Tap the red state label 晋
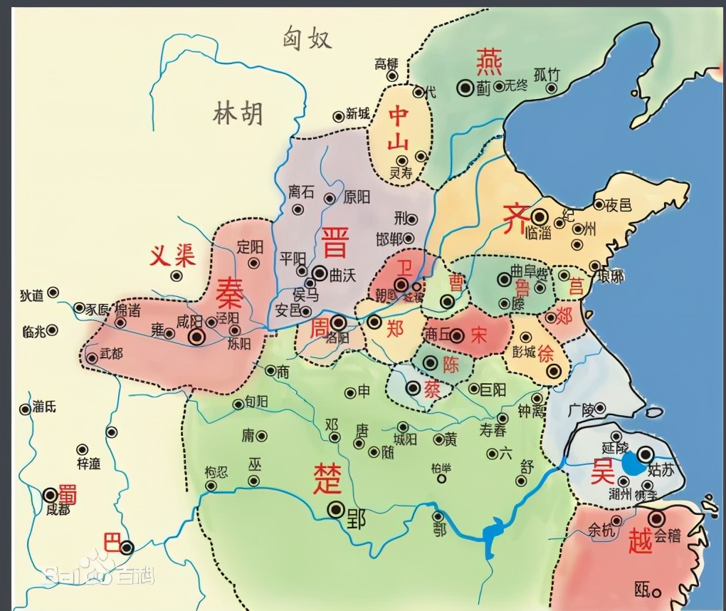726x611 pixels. pos(334,241)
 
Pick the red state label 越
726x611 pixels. pos(641,543)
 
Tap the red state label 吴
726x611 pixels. pos(603,471)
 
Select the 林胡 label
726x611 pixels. pos(237,113)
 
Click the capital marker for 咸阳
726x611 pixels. pos(196,337)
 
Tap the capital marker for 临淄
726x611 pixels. pos(540,215)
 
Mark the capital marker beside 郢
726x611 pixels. pos(335,509)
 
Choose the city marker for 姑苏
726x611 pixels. pos(646,454)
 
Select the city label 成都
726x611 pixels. pos(58,510)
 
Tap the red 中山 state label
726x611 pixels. pos(399,128)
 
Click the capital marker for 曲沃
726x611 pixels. pos(320,272)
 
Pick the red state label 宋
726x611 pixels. pos(478,335)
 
